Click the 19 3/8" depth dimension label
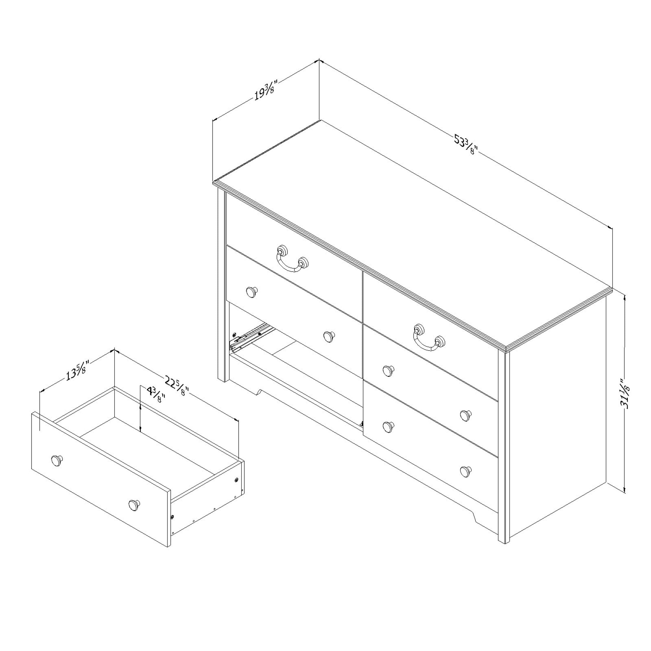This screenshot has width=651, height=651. point(266,90)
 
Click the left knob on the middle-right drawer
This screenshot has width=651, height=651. point(389,370)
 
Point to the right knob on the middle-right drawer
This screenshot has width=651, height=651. point(466,415)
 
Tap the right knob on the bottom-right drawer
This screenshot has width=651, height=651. point(466,471)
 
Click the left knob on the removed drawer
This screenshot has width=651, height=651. point(57,461)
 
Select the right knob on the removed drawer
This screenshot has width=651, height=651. point(134,505)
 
